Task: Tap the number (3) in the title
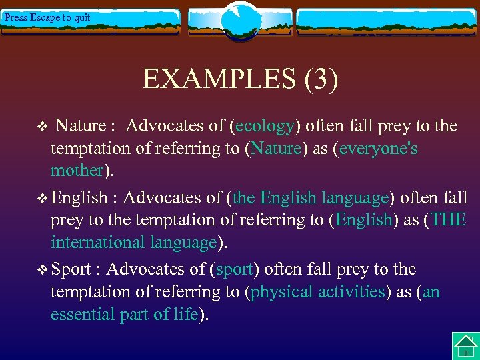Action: pyautogui.click(x=321, y=79)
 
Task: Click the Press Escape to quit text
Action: pyautogui.click(x=47, y=17)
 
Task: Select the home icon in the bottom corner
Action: pyautogui.click(x=465, y=346)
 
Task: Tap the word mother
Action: pyautogui.click(x=77, y=171)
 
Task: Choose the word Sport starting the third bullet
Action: pyautogui.click(x=71, y=269)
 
